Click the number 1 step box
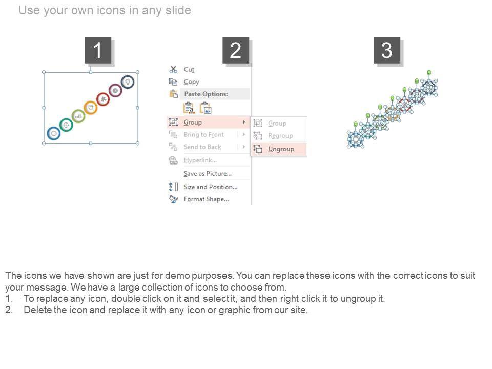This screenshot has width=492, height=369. tap(98, 50)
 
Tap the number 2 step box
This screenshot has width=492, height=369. tap(236, 50)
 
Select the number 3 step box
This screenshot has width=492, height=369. tap(387, 50)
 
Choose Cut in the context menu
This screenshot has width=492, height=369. tap(189, 69)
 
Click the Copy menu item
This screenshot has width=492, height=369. tap(191, 82)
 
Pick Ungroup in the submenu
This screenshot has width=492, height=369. tap(281, 149)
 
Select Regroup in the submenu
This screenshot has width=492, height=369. tap(280, 135)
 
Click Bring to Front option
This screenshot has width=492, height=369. tap(203, 135)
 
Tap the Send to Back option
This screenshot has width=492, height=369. tap(202, 147)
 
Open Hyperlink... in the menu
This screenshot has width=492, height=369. tap(200, 160)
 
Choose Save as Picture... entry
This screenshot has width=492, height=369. tap(208, 174)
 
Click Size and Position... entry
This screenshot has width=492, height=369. tap(211, 187)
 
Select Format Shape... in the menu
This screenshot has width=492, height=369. tap(206, 199)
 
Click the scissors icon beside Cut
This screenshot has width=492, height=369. tap(173, 69)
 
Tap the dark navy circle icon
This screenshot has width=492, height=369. tap(128, 82)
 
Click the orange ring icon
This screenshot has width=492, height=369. tap(91, 108)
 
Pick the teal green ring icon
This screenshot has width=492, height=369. tap(66, 125)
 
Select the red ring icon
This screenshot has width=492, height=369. tap(103, 99)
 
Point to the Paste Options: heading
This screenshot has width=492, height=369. tap(206, 94)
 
